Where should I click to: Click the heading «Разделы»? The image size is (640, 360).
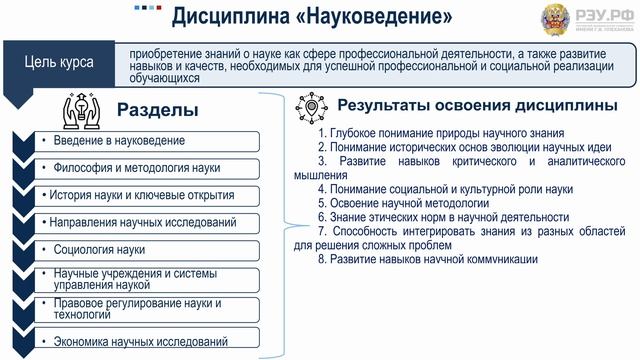click(158, 109)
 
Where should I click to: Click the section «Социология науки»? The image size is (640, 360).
click(100, 248)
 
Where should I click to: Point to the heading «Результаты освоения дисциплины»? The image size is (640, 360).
click(476, 105)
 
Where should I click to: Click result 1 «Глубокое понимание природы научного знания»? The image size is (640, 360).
click(440, 132)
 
